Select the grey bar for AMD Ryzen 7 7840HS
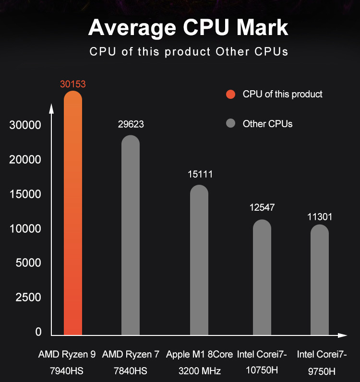click(131, 235)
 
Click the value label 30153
click(73, 84)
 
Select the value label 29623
click(131, 124)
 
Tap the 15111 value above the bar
click(200, 174)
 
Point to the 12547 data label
click(262, 207)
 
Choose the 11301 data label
click(320, 217)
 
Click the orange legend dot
click(230, 95)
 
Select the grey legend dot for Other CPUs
click(230, 124)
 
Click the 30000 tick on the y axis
click(25, 125)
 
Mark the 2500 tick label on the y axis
click(28, 298)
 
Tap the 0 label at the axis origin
click(38, 332)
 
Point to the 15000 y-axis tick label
click(25, 194)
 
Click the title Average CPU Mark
click(188, 27)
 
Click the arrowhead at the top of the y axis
click(51, 107)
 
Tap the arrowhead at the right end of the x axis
click(342, 334)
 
